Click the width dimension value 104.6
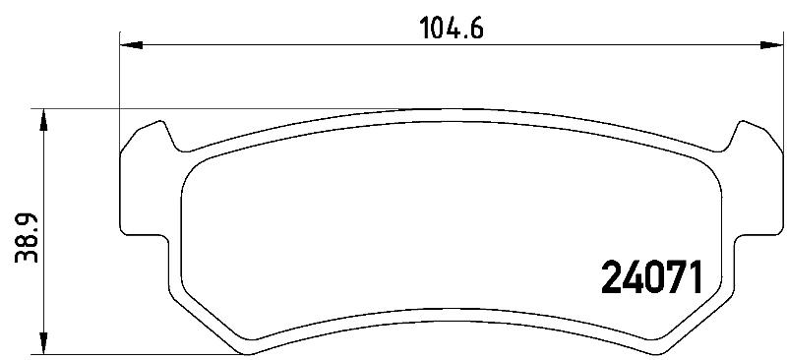(452, 29)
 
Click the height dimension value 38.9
(27, 238)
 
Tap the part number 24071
(651, 277)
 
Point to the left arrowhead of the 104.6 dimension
(132, 45)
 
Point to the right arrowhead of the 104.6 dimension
(771, 45)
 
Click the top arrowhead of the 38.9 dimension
(44, 120)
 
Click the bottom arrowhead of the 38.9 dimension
(44, 343)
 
